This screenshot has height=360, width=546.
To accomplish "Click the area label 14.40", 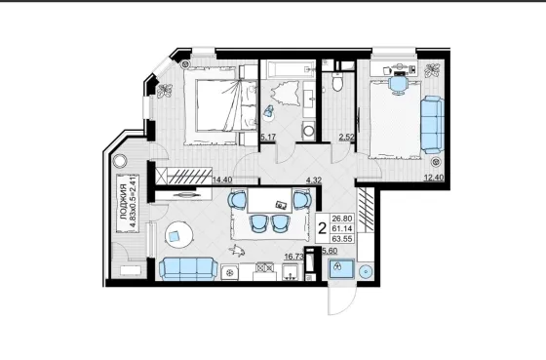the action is pyautogui.click(x=222, y=180).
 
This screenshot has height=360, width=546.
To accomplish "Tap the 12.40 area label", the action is pyautogui.click(x=434, y=178).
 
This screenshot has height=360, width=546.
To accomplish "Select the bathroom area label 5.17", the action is pyautogui.click(x=268, y=137).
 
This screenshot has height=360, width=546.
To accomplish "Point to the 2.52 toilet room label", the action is pyautogui.click(x=347, y=137).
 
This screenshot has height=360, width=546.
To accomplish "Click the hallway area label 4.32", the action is pyautogui.click(x=313, y=180).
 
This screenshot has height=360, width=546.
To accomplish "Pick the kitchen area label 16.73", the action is pyautogui.click(x=293, y=257).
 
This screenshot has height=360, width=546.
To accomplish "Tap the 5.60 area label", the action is pyautogui.click(x=330, y=251).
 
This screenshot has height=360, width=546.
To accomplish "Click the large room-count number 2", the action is pyautogui.click(x=323, y=228).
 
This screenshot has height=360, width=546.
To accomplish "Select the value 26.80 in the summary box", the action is pyautogui.click(x=342, y=219).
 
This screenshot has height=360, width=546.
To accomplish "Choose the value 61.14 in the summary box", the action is pyautogui.click(x=342, y=228).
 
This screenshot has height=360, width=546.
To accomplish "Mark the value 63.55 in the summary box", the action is pyautogui.click(x=342, y=239).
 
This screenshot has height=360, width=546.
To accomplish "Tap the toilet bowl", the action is pyautogui.click(x=337, y=82).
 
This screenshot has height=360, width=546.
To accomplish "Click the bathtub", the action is pyautogui.click(x=288, y=69).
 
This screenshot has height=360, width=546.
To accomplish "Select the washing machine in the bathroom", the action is pyautogui.click(x=308, y=131).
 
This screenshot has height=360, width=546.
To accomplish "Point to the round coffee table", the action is pyautogui.click(x=178, y=235).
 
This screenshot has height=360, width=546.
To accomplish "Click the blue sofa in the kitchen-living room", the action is pyautogui.click(x=188, y=268).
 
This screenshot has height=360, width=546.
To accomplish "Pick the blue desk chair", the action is pyautogui.click(x=398, y=85).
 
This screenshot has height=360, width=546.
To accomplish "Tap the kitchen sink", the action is pyautogui.click(x=290, y=272).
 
